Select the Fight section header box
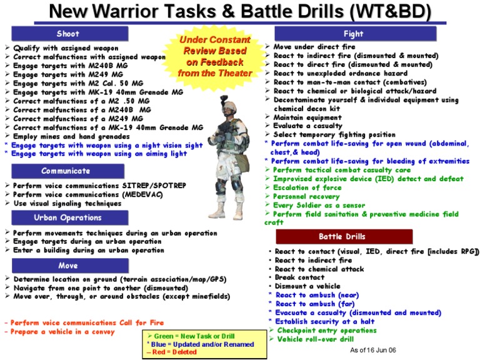(353, 34)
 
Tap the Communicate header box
(66, 171)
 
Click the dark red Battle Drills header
(344, 237)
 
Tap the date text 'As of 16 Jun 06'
(373, 350)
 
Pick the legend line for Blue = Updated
(200, 344)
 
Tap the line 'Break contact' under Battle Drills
(299, 277)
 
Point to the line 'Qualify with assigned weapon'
(65, 48)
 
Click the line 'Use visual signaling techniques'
(67, 203)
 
